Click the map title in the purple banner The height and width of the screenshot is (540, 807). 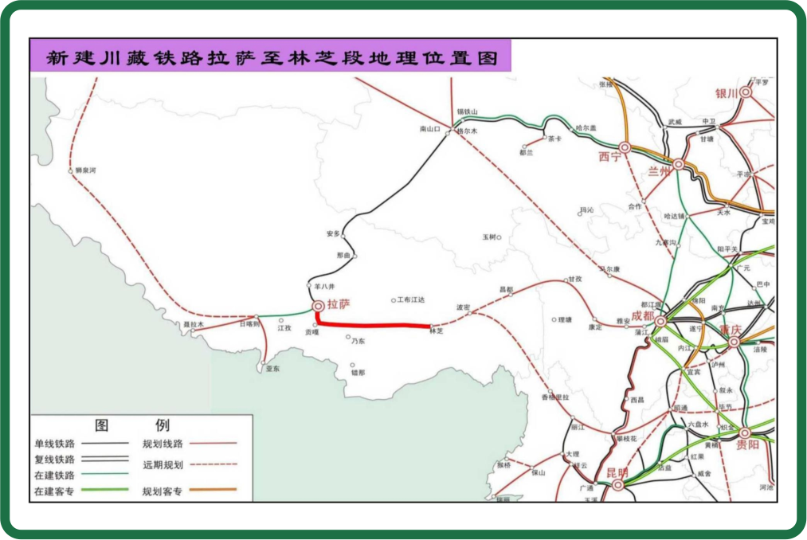[272, 59]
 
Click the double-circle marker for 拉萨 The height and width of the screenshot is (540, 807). [317, 305]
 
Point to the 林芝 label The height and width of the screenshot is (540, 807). [436, 332]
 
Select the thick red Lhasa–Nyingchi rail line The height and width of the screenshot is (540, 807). [374, 324]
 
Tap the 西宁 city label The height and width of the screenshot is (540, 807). [609, 157]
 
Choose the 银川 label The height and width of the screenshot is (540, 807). [727, 93]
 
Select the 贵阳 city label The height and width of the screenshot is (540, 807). [748, 444]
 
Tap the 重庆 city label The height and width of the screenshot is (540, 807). [731, 330]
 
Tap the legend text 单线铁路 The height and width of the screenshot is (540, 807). [54, 444]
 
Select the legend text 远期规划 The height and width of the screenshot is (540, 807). [163, 464]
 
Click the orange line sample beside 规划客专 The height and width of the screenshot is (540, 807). [214, 490]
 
